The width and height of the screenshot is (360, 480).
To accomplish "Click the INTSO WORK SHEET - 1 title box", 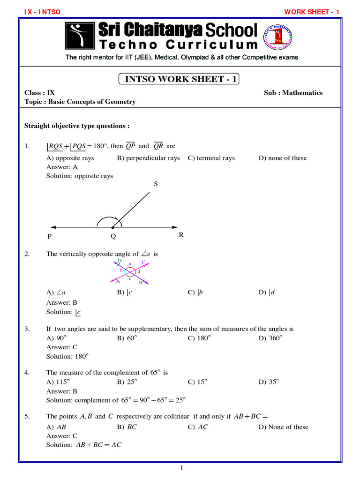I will pos(180,79).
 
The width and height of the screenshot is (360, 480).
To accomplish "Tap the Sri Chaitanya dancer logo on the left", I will pos(80,36).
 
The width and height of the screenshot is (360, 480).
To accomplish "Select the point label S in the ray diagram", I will pos(156,184).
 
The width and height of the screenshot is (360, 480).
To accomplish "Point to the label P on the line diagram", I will pos(50,237).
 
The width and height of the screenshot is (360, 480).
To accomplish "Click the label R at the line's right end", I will pos(181,235).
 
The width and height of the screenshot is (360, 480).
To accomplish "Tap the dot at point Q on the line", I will pos(113,228).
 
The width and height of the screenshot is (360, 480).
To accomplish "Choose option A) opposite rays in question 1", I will pos(70,158).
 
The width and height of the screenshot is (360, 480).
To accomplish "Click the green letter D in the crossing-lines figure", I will pos(120,261).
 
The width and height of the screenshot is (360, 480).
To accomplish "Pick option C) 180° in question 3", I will pos(199,338).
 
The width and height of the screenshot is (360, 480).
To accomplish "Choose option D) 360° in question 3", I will pos(270,338).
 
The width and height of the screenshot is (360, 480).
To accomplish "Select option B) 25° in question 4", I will pos(127,382).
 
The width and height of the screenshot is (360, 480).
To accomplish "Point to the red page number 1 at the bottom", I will pos(181,469).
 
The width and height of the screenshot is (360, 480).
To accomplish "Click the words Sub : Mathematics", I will pos(293,93).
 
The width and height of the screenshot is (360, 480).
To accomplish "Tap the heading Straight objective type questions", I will pos(77,126).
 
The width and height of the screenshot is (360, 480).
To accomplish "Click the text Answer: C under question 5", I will pos(62,436).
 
